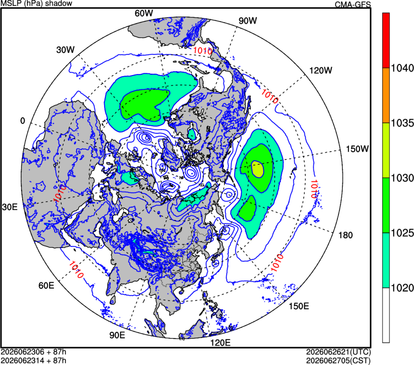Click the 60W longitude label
point(143,13)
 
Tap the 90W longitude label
point(247,21)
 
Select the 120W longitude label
point(321,70)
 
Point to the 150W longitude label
point(357,149)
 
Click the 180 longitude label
point(346,235)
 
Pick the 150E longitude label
point(299,306)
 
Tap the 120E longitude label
point(220,343)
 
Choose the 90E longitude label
point(117,335)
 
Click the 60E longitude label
point(46,286)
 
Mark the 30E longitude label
point(10,207)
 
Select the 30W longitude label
point(65,50)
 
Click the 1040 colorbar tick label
point(402,68)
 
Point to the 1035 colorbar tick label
point(402,123)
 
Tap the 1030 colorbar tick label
point(402,178)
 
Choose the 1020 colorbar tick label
point(402,288)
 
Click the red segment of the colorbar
point(386,40)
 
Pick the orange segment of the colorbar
point(386,95)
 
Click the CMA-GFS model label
point(353,4)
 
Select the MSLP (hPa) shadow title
point(37,3)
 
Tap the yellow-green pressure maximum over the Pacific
point(258,169)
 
